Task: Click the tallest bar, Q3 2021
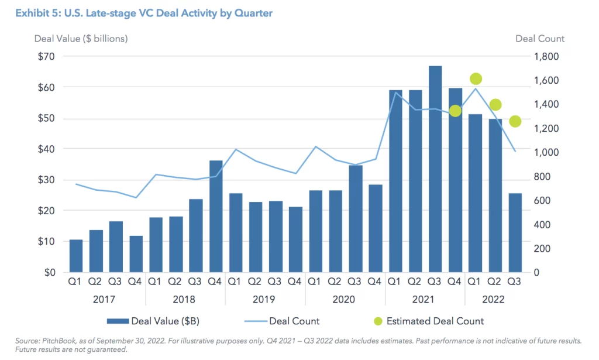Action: (x=435, y=169)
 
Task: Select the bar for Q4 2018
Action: (x=216, y=216)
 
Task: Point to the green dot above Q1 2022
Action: (x=476, y=79)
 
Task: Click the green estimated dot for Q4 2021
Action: (x=455, y=111)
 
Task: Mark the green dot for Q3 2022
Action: (x=515, y=122)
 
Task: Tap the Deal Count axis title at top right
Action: (x=539, y=39)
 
